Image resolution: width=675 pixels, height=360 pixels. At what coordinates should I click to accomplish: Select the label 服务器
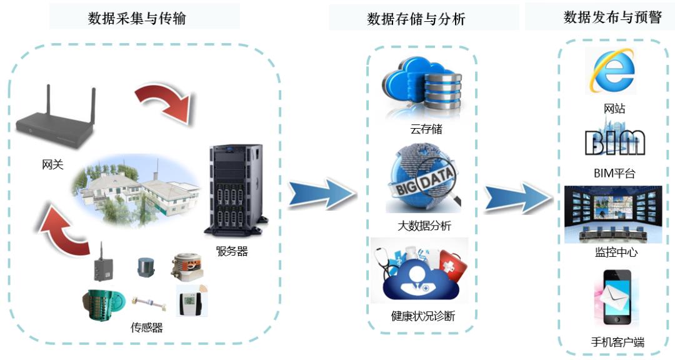click(232, 252)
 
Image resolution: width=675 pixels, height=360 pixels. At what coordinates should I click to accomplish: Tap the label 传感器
click(147, 327)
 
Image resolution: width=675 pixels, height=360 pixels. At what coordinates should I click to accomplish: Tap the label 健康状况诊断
click(423, 316)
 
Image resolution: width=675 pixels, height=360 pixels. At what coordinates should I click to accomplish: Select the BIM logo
click(614, 142)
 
